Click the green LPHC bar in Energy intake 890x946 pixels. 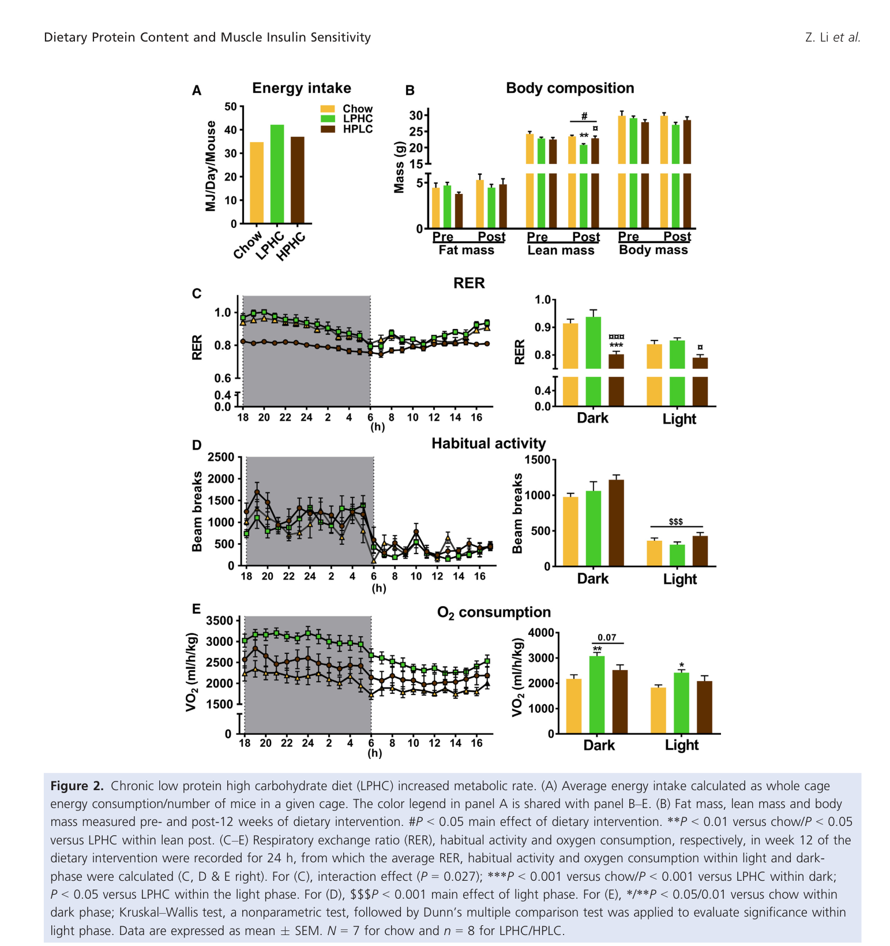277,174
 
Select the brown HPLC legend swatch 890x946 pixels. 328,129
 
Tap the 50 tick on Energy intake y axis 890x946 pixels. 230,106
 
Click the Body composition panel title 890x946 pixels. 569,88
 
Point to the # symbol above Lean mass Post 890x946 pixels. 584,116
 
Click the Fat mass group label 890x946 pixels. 466,250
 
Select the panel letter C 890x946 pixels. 197,294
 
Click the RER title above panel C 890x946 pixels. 468,283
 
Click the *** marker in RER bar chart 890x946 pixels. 616,346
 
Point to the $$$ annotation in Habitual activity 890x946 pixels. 675,522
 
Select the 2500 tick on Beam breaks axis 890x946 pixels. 221,457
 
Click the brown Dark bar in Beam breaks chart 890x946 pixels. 616,522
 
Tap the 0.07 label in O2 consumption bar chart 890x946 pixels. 607,637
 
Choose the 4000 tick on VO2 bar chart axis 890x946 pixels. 540,633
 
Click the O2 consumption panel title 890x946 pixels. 494,612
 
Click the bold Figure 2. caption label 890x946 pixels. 77,786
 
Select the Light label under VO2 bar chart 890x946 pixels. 681,745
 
